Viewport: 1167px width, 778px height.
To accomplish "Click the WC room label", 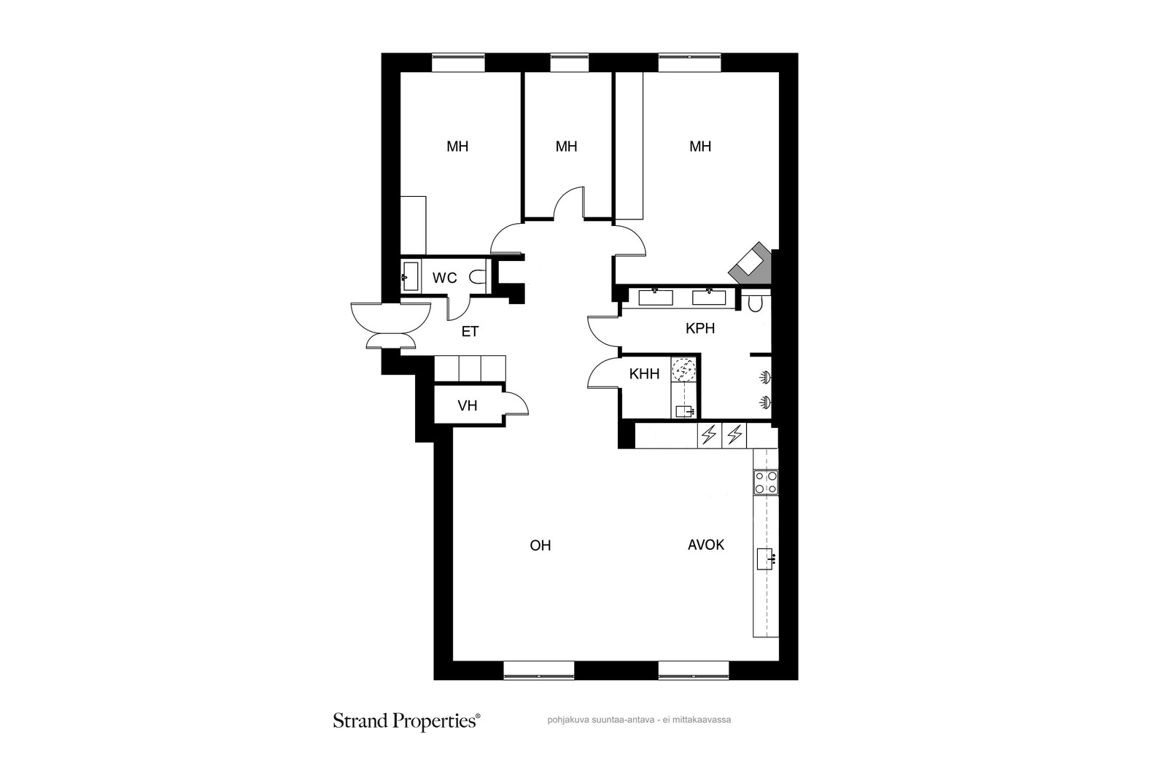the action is (444, 278).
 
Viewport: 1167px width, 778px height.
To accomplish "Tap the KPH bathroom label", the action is (699, 329).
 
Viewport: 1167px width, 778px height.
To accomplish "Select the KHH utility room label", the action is (644, 374).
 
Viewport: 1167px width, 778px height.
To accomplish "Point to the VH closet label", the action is (468, 405).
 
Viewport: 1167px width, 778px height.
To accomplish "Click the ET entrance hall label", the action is (470, 332).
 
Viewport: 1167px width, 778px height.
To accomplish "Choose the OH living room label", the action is (540, 545).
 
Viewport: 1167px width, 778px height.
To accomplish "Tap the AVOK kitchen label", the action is (706, 545).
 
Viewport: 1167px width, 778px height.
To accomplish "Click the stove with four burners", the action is (766, 482).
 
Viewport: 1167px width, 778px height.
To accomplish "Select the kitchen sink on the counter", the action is (767, 559).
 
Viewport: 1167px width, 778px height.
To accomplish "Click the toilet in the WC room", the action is (477, 276).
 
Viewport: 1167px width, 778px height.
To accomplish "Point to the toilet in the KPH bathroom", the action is (755, 303).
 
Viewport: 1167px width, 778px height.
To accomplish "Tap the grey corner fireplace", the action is (751, 263).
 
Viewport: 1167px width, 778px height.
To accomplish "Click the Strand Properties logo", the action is (406, 721).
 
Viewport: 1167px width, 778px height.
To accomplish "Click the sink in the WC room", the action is (410, 276).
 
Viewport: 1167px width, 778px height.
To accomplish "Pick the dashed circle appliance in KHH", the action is (683, 370).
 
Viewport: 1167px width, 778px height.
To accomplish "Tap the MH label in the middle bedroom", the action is (566, 147).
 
